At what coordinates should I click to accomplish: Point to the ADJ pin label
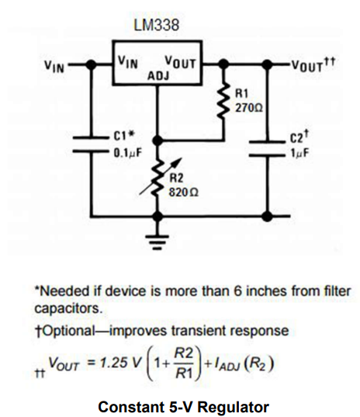[158, 75]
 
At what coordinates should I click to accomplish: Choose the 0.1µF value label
[126, 152]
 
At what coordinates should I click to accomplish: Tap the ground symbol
[158, 246]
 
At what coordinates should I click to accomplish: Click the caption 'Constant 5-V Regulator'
[180, 405]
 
